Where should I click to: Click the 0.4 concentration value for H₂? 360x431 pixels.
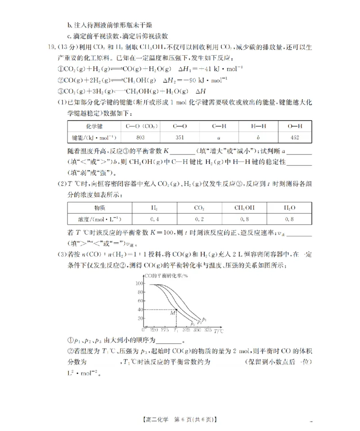(154, 219)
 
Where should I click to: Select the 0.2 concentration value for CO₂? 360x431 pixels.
(199, 219)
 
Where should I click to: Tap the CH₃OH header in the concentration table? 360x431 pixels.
(244, 208)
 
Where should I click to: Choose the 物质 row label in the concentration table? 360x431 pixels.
(99, 208)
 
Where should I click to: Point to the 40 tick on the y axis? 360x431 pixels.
(140, 309)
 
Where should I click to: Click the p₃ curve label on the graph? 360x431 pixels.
(193, 323)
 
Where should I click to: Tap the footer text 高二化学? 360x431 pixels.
(157, 420)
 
